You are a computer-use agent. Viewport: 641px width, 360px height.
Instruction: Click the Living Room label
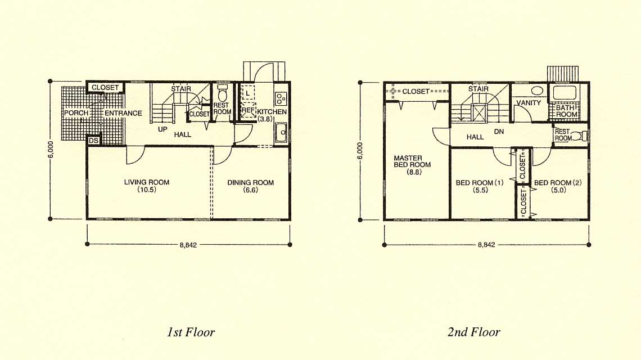coord(147,186)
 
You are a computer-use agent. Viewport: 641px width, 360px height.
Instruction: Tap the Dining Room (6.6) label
coord(251,186)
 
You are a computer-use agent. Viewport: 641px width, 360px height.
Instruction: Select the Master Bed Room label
coord(412,165)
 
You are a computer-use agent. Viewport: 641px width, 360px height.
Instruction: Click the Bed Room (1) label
coord(480,186)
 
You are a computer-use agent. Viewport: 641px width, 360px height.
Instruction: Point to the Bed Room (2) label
coord(558,186)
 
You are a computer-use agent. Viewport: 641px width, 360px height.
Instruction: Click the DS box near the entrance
coord(93,141)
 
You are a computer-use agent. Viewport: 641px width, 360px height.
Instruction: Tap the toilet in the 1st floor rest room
coord(223,94)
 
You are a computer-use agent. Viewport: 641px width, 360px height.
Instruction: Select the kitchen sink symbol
coord(281,133)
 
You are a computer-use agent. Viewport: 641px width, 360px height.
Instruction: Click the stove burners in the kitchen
coord(281,98)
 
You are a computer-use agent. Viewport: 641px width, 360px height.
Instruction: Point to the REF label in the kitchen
coord(248,110)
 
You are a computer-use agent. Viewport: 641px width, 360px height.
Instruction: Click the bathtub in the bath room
coord(565,93)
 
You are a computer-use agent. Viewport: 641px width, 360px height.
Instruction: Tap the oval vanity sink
coord(536,91)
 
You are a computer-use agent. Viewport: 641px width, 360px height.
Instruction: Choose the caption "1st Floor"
coord(191,332)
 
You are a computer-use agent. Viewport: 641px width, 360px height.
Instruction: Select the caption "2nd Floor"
coord(474,332)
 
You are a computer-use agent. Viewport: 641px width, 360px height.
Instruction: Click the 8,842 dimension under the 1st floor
coord(188,245)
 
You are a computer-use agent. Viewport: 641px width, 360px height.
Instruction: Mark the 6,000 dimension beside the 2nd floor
coord(360,151)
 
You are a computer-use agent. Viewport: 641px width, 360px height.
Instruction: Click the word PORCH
coord(76,113)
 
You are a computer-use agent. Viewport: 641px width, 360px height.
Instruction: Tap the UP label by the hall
coord(162,129)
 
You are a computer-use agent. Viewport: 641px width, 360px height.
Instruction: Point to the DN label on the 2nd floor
coord(499,132)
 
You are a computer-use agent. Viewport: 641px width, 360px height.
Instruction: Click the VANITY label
coord(529,103)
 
